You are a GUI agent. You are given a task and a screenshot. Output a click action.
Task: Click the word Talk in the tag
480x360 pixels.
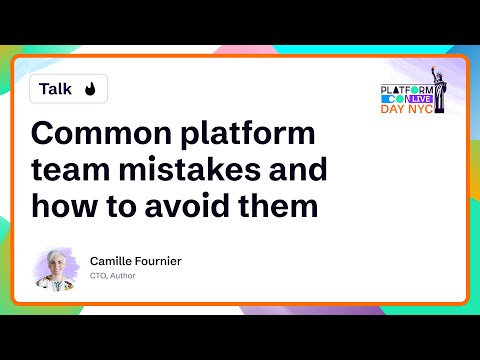pyautogui.click(x=55, y=89)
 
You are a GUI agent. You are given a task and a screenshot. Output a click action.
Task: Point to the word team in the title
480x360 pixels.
pyautogui.click(x=71, y=171)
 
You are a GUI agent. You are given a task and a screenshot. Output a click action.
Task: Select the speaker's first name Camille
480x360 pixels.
pyautogui.click(x=112, y=261)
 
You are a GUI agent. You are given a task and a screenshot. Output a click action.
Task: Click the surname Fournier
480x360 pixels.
pyautogui.click(x=159, y=261)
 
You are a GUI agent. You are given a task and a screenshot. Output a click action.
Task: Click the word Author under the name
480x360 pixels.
pyautogui.click(x=123, y=276)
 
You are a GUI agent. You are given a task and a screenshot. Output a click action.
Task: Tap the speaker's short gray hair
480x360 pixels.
pyautogui.click(x=56, y=256)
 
